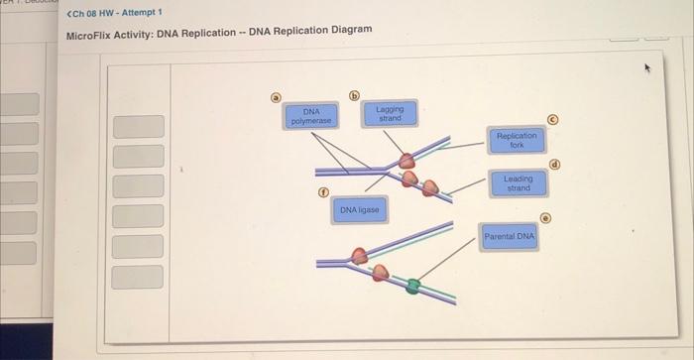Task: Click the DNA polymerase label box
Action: pyautogui.click(x=311, y=116)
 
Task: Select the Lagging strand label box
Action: pyautogui.click(x=391, y=113)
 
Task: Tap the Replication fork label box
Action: pyautogui.click(x=516, y=139)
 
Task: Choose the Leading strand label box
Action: pyautogui.click(x=518, y=183)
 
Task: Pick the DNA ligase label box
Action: pyautogui.click(x=359, y=210)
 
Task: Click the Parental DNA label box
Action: pyautogui.click(x=510, y=237)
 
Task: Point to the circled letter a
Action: pyautogui.click(x=278, y=97)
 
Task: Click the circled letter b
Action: pyautogui.click(x=354, y=96)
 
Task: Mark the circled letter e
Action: pyautogui.click(x=544, y=217)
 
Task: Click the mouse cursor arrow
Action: pyautogui.click(x=649, y=68)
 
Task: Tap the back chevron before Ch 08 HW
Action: pyautogui.click(x=68, y=12)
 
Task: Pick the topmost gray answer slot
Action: pyautogui.click(x=138, y=127)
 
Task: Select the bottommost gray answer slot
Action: pyautogui.click(x=137, y=277)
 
